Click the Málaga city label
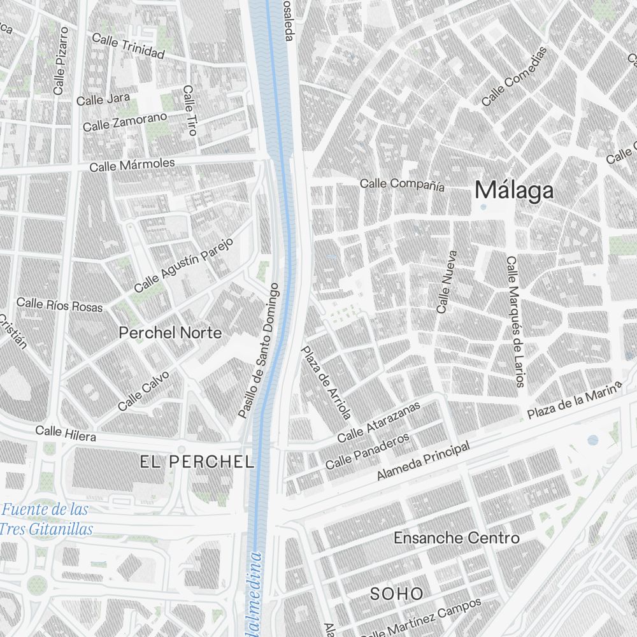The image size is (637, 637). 514,190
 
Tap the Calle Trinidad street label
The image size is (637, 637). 128,47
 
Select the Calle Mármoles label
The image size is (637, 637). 132,165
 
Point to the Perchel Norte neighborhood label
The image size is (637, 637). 171,333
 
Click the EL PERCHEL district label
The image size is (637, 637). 197,462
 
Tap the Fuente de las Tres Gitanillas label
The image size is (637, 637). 45,519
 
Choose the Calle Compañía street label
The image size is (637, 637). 402,185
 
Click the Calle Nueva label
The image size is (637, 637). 447,281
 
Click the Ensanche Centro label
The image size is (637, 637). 456,538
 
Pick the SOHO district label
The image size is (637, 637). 397,594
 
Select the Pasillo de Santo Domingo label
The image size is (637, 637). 259,350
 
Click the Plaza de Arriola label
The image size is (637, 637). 326,383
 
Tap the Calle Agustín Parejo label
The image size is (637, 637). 185,265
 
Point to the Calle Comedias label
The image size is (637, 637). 515,76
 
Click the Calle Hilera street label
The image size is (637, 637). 66,434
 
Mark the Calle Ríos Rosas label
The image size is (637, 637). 59,304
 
